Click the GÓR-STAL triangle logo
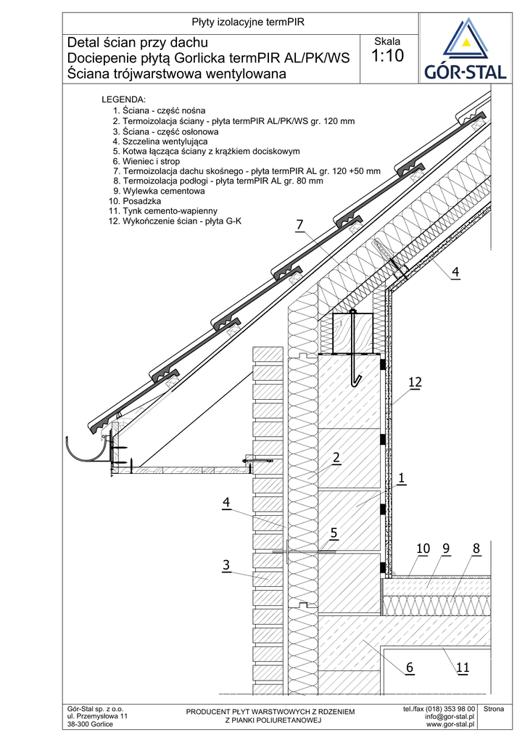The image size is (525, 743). point(466,41)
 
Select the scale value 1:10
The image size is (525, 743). point(387,57)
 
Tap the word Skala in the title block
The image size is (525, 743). point(387,41)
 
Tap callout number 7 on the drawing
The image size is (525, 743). point(299,226)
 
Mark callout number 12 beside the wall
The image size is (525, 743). point(415,382)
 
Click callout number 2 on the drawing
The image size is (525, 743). point(336,457)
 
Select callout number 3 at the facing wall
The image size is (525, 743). point(226,565)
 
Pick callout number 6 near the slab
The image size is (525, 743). point(410,667)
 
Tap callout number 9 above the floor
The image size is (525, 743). point(445,549)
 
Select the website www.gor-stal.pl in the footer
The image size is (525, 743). point(450,724)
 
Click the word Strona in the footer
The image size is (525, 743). point(493,709)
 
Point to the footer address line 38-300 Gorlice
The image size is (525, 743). point(90,725)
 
